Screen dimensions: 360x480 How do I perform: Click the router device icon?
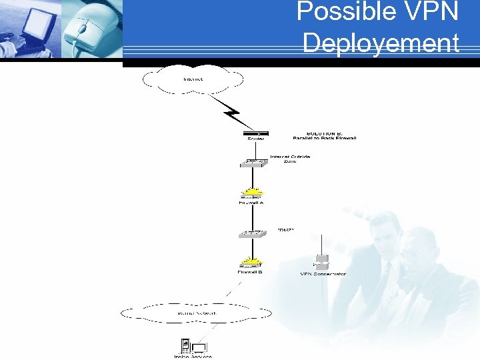click(x=256, y=133)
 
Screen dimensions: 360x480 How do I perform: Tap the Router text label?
click(x=256, y=139)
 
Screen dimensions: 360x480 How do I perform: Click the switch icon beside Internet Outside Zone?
click(x=255, y=162)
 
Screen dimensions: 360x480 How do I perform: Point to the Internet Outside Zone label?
click(x=290, y=159)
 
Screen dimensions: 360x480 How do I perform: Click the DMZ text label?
click(x=286, y=229)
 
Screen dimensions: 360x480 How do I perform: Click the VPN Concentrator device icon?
click(x=322, y=262)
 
